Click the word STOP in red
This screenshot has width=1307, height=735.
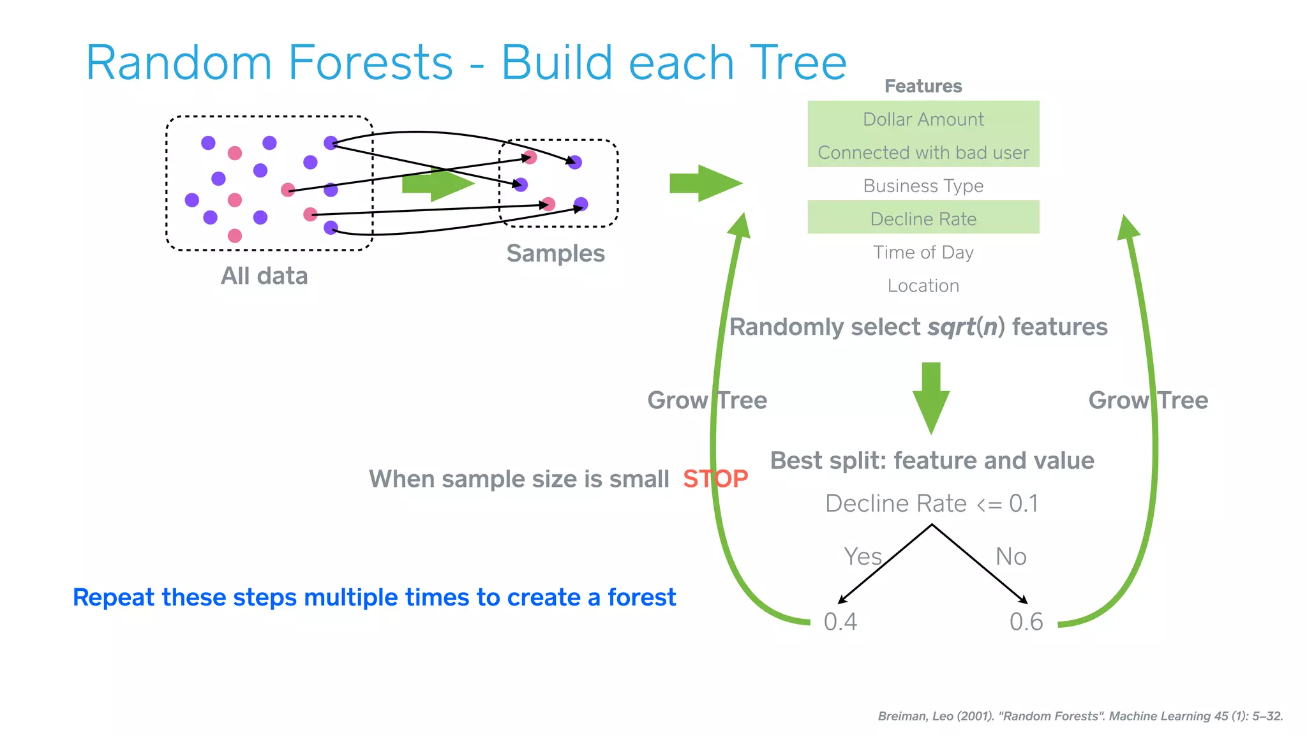715,479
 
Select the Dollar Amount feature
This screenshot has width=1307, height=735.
923,119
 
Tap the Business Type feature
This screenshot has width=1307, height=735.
923,186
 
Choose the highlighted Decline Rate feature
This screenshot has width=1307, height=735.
923,219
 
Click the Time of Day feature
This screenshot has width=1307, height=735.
923,252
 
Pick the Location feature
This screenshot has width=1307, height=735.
923,285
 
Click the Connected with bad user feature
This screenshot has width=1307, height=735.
923,152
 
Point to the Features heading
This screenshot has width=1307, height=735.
923,86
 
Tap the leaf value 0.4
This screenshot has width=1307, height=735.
840,621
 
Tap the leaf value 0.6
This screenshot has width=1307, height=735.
1026,621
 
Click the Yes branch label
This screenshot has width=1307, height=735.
862,556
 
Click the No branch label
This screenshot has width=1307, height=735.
1011,556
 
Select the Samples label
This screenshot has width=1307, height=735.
555,253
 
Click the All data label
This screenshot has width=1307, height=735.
264,276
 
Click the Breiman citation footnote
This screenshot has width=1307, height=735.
1080,716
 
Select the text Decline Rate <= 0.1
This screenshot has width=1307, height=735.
931,503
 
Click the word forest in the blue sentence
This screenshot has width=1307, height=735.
641,597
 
